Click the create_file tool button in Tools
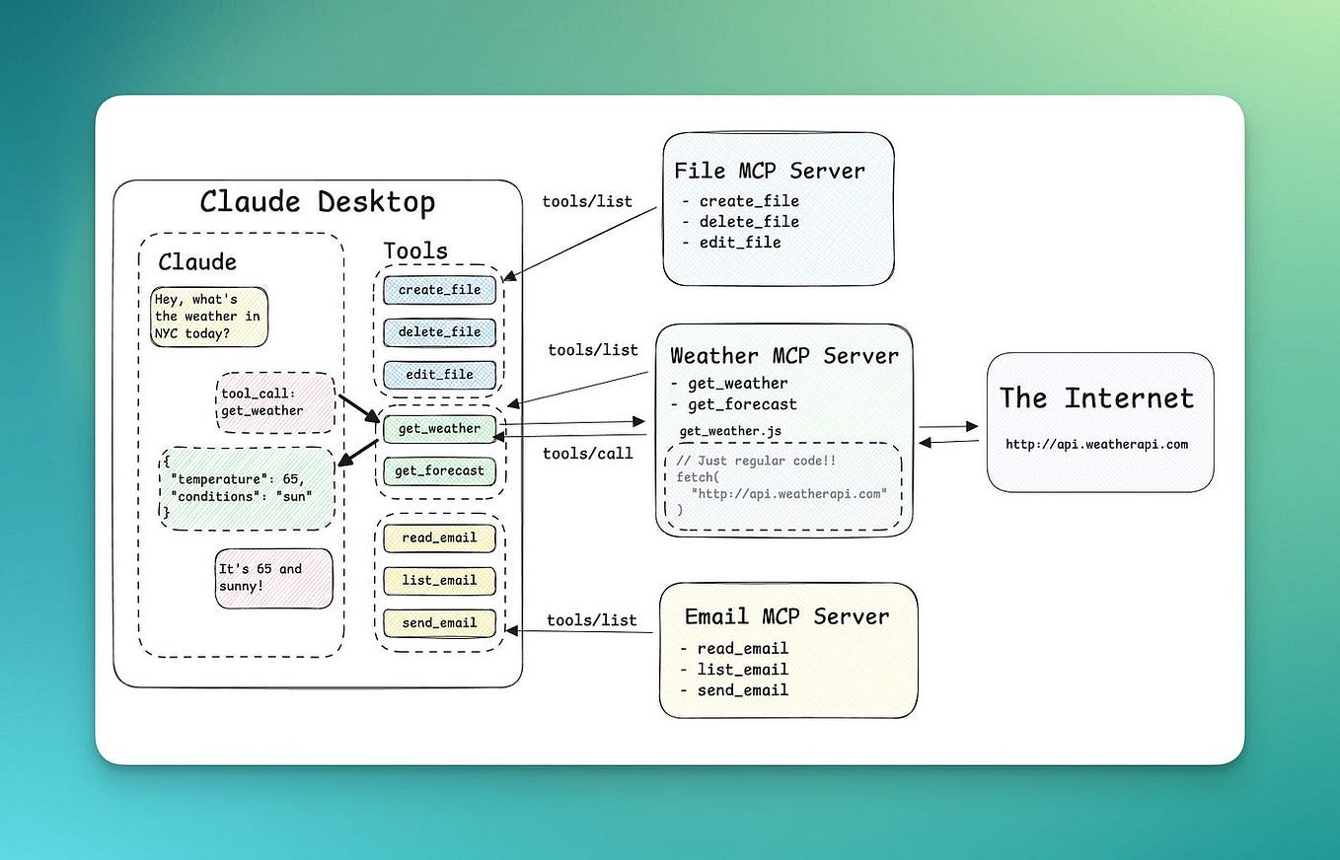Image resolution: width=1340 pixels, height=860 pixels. tap(439, 290)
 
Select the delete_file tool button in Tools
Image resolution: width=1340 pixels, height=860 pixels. tap(439, 332)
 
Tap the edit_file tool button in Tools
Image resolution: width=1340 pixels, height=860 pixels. tap(439, 375)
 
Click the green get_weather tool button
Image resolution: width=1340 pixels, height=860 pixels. tap(439, 429)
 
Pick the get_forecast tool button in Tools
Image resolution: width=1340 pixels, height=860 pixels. tap(439, 471)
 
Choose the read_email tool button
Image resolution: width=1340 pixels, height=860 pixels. tap(439, 538)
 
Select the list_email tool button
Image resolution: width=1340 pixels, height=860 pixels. tap(439, 581)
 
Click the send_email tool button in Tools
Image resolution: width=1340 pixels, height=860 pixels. tap(439, 623)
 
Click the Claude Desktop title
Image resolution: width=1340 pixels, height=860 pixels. tap(317, 202)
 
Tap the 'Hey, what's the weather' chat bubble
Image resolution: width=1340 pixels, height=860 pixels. tap(208, 317)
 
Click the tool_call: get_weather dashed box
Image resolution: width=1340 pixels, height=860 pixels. tap(274, 402)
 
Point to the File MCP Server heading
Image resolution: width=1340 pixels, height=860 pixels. tap(769, 171)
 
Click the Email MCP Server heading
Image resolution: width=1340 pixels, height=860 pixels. tap(786, 616)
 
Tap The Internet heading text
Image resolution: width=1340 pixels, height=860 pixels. tap(1096, 398)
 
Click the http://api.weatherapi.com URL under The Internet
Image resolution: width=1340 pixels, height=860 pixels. tap(1096, 445)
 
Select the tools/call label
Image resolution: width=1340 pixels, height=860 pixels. tap(588, 454)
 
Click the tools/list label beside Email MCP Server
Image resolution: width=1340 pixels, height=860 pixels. tap(591, 620)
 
